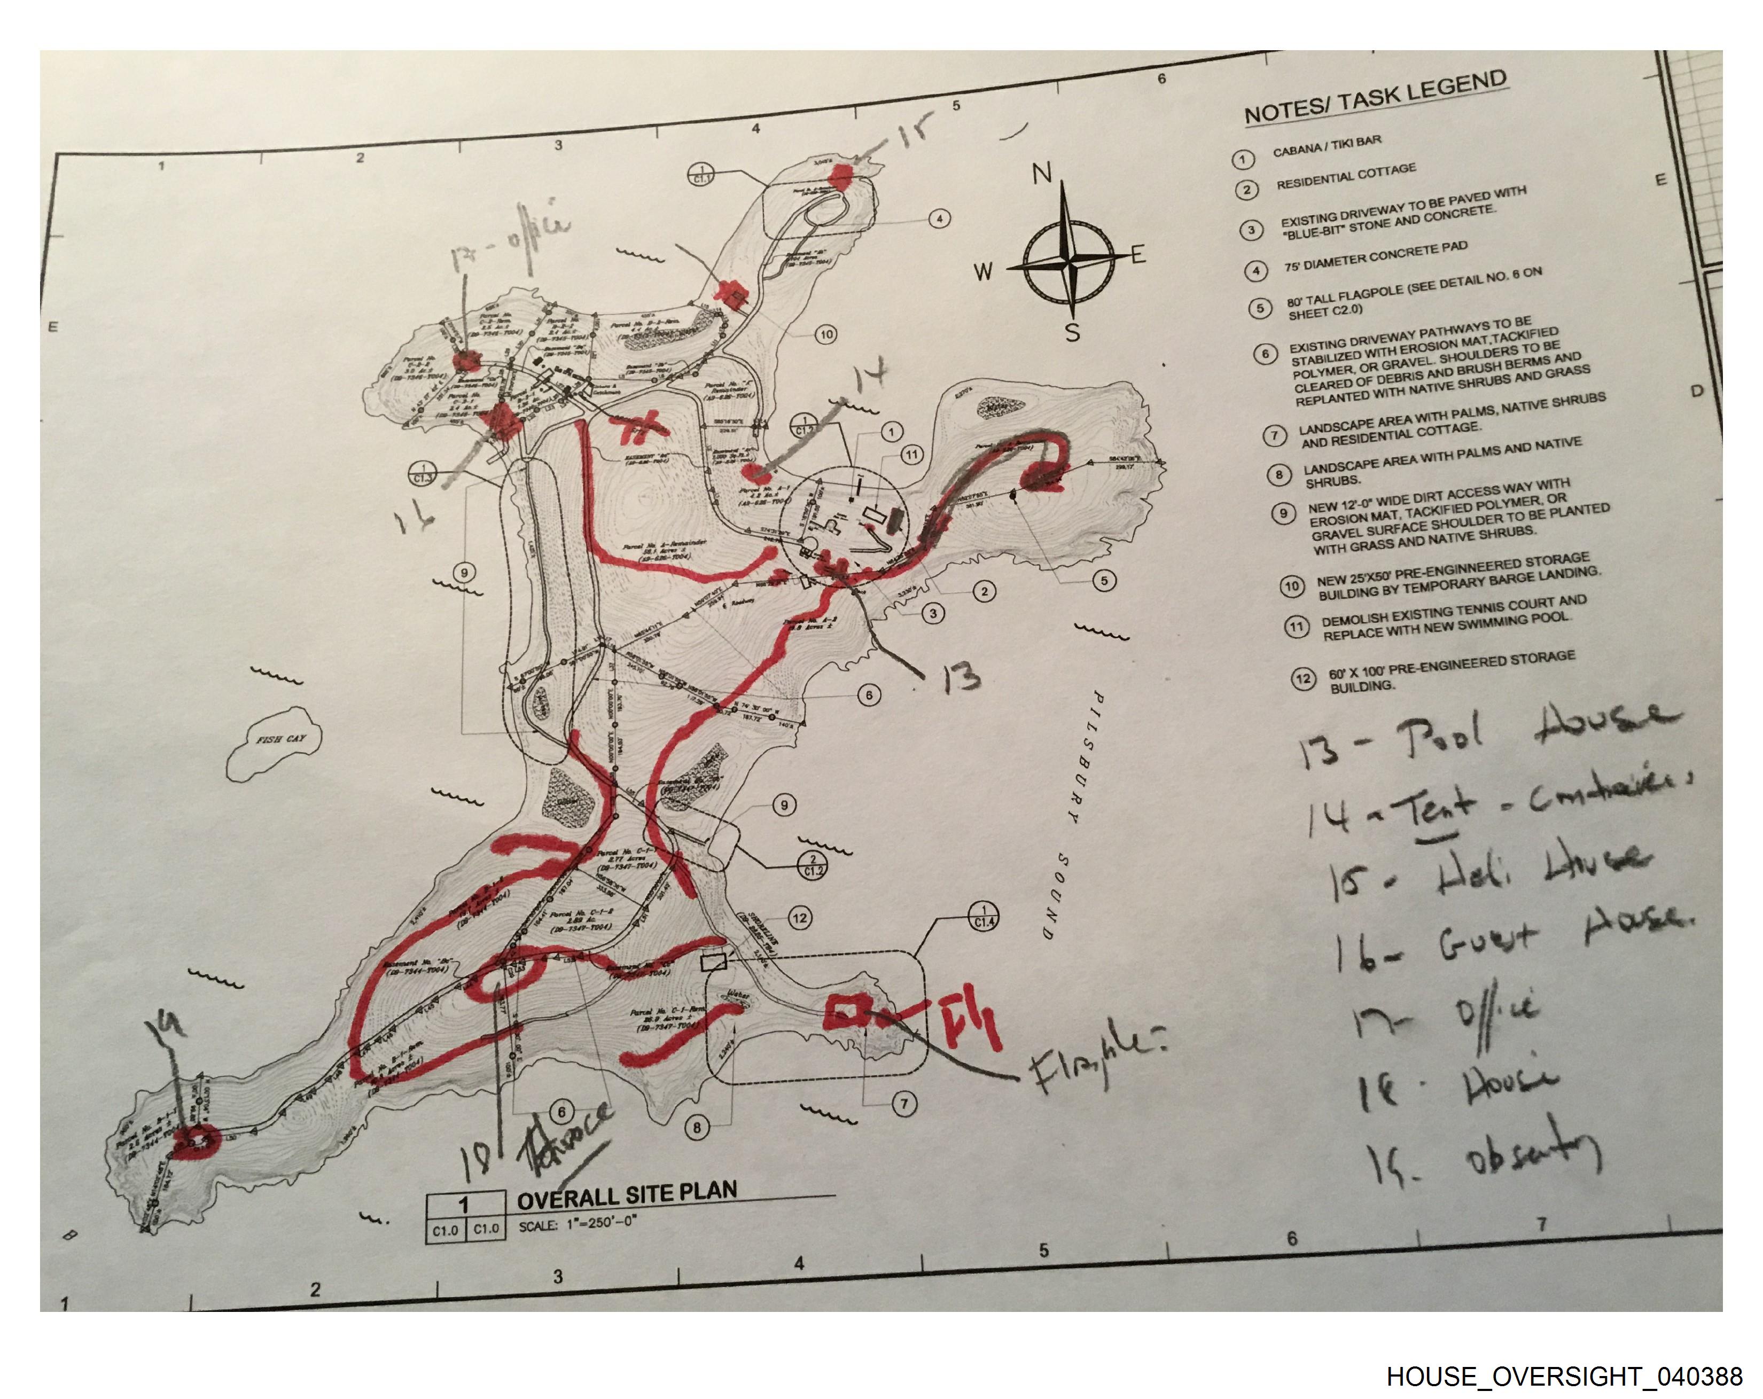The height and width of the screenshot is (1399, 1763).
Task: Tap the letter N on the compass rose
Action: coord(1041,174)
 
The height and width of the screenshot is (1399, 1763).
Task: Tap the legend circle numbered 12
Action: coord(1302,678)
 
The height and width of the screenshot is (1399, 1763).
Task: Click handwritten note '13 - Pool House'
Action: coord(1472,736)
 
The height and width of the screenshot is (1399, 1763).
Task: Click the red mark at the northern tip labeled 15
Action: coord(840,175)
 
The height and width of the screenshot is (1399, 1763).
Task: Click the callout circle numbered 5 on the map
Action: coord(1104,581)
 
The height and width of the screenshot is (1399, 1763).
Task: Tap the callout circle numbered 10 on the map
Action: coord(826,334)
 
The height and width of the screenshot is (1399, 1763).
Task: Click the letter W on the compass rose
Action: coord(984,271)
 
